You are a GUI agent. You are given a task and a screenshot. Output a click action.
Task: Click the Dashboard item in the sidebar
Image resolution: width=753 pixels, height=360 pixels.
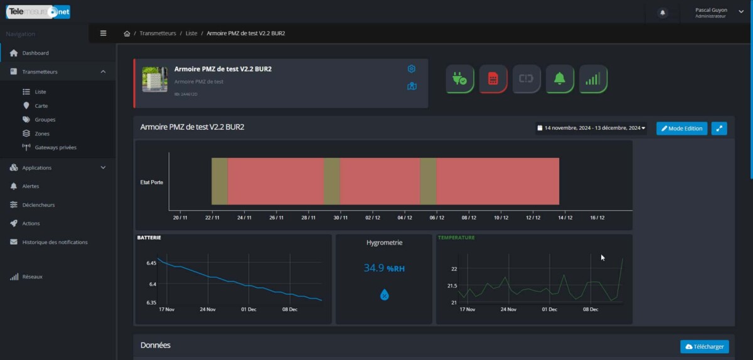point(35,53)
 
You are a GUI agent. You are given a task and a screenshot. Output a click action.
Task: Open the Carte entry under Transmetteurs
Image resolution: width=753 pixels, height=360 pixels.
point(41,106)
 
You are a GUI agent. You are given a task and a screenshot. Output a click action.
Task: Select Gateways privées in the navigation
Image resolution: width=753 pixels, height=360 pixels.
point(55,147)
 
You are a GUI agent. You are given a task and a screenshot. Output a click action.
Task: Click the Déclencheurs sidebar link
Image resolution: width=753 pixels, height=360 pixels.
point(38,205)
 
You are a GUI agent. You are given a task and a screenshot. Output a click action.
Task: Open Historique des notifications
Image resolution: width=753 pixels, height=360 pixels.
point(55,242)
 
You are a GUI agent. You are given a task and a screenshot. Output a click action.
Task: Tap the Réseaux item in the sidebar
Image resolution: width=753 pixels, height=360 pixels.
point(32,277)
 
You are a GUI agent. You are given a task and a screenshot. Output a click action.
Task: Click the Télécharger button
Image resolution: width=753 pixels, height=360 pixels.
point(704,346)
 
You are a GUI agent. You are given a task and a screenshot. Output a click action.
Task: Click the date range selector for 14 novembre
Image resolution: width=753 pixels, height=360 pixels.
point(590,128)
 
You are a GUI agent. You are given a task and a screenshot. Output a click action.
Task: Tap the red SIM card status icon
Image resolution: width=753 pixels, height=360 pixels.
point(493,79)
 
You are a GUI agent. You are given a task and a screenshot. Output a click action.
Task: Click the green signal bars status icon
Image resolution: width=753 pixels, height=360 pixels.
point(593,79)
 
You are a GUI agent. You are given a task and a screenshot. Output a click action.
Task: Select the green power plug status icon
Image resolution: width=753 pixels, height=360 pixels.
point(460,79)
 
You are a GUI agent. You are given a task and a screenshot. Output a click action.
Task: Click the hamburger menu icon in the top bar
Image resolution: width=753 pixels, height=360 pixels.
point(104,33)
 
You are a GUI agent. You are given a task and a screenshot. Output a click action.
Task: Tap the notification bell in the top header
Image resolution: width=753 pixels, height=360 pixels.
point(663,13)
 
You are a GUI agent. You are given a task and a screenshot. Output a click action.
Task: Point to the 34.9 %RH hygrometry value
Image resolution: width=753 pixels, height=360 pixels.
point(384,268)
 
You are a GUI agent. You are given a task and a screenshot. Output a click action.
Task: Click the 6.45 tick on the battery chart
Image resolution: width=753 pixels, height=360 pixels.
point(151,263)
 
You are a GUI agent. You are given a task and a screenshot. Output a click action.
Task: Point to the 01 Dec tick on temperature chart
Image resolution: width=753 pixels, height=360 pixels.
point(550,309)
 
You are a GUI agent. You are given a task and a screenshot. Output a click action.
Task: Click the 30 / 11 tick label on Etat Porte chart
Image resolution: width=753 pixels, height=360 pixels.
point(340,218)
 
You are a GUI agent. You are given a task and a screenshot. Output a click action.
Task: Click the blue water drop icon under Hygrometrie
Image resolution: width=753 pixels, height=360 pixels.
point(385,294)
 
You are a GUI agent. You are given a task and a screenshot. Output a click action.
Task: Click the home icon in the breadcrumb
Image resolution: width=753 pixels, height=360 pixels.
point(127,33)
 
